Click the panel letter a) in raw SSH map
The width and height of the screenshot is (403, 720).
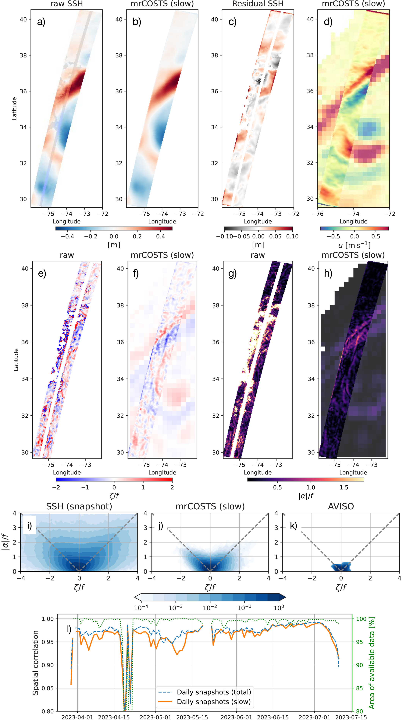[x=41, y=22]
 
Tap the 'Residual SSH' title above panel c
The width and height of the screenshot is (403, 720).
[x=258, y=4]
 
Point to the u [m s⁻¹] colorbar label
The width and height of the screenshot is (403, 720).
[x=354, y=245]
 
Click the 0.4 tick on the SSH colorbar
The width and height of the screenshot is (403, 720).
[x=160, y=237]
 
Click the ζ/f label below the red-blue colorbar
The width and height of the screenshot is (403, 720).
[x=114, y=496]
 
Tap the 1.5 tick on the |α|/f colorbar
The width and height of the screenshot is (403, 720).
[x=344, y=487]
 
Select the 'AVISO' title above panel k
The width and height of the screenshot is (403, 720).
[x=341, y=507]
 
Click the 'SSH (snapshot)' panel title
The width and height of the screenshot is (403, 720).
[x=79, y=507]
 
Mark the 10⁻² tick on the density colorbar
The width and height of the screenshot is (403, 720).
[x=210, y=608]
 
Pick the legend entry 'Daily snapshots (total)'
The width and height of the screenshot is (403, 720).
[x=214, y=692]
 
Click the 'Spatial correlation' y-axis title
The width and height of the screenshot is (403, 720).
[x=36, y=662]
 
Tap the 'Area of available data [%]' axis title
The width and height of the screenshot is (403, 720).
[x=371, y=662]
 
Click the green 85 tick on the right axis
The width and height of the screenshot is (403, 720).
[x=359, y=688]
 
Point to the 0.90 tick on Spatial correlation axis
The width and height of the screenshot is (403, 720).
[x=48, y=665]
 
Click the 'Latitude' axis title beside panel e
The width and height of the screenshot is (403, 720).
[x=16, y=360]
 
